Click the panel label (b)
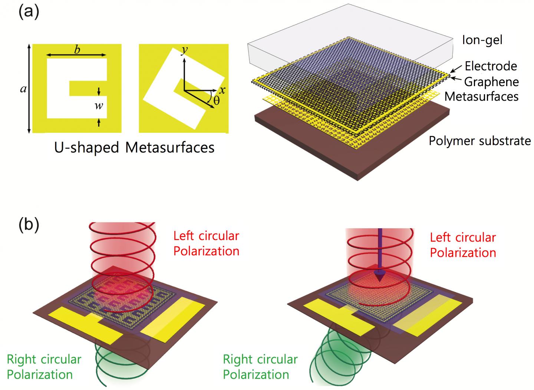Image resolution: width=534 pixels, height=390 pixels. [28, 226]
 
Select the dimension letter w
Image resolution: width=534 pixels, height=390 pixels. [99, 106]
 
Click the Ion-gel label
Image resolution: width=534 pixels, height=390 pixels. [482, 40]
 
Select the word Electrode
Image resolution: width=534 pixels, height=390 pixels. [491, 66]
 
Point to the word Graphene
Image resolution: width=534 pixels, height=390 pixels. [491, 82]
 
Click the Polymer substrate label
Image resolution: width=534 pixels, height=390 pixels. [479, 141]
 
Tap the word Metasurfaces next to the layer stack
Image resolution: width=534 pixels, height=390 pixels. [481, 96]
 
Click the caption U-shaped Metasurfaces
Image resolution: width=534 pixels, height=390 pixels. [134, 148]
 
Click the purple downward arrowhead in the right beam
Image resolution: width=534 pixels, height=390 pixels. [379, 278]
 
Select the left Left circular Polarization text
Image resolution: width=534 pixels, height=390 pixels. [206, 243]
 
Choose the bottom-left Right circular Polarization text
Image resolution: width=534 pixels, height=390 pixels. [44, 367]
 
